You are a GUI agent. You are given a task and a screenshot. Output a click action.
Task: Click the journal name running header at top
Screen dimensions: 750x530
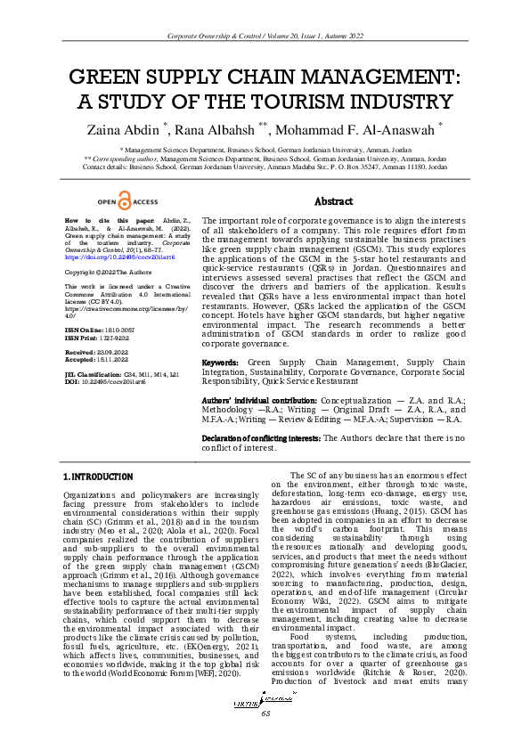click(x=265, y=35)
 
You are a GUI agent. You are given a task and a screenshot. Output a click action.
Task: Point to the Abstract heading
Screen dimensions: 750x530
click(x=334, y=202)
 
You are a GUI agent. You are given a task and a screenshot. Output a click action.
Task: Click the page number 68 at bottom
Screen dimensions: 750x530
click(x=265, y=713)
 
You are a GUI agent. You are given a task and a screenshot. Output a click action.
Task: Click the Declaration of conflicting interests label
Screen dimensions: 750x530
click(x=261, y=437)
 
